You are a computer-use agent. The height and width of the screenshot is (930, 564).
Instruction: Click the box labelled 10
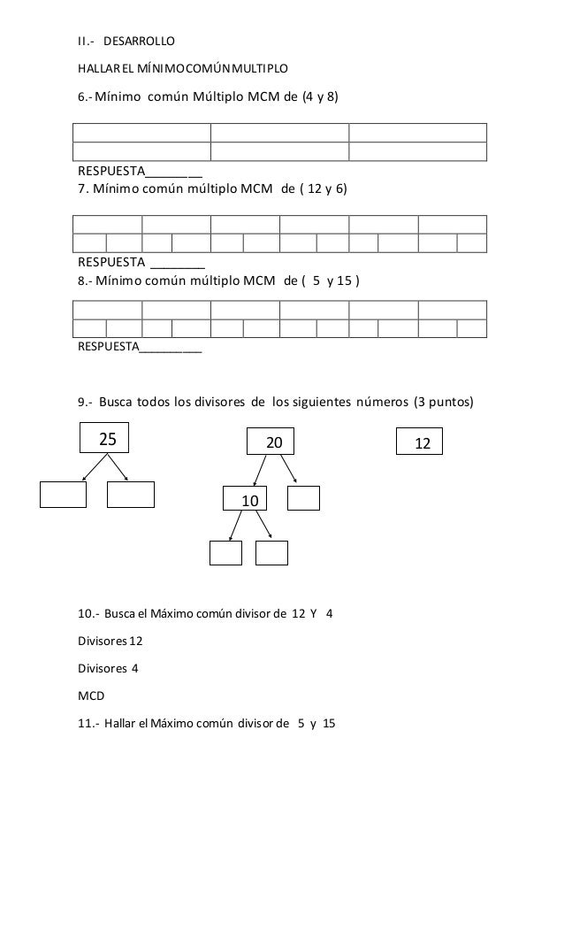tap(248, 500)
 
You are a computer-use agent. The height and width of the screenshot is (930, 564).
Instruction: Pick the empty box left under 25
tap(64, 495)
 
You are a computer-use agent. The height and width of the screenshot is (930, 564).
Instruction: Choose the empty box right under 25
tap(131, 495)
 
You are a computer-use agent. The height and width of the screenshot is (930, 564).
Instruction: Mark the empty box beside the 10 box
tap(303, 499)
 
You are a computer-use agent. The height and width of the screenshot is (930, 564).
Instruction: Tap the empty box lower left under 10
tap(225, 551)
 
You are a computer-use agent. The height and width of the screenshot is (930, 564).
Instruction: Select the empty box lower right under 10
tap(271, 551)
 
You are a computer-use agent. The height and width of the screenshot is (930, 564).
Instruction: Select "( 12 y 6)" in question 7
tap(326, 190)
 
